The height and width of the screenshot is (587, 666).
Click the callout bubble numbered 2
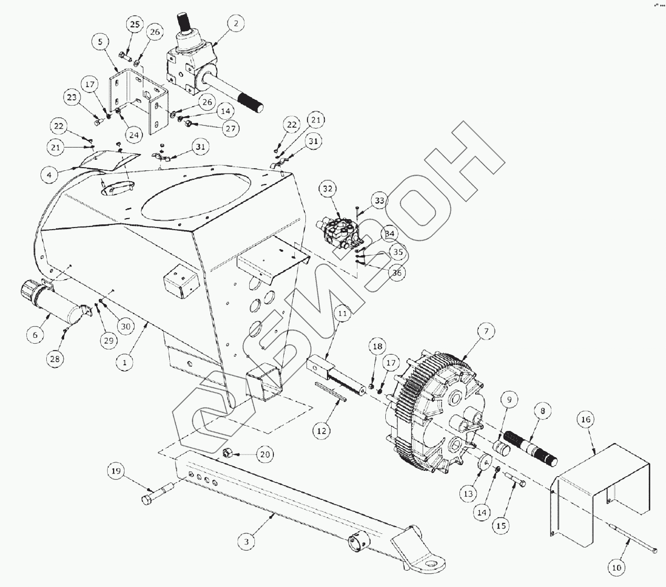pyautogui.click(x=236, y=24)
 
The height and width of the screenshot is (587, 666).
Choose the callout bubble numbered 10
pyautogui.click(x=617, y=567)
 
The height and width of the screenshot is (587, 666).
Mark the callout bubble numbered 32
pyautogui.click(x=328, y=189)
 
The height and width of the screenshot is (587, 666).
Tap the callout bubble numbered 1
pyautogui.click(x=125, y=362)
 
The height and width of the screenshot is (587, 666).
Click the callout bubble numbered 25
pyautogui.click(x=135, y=25)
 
